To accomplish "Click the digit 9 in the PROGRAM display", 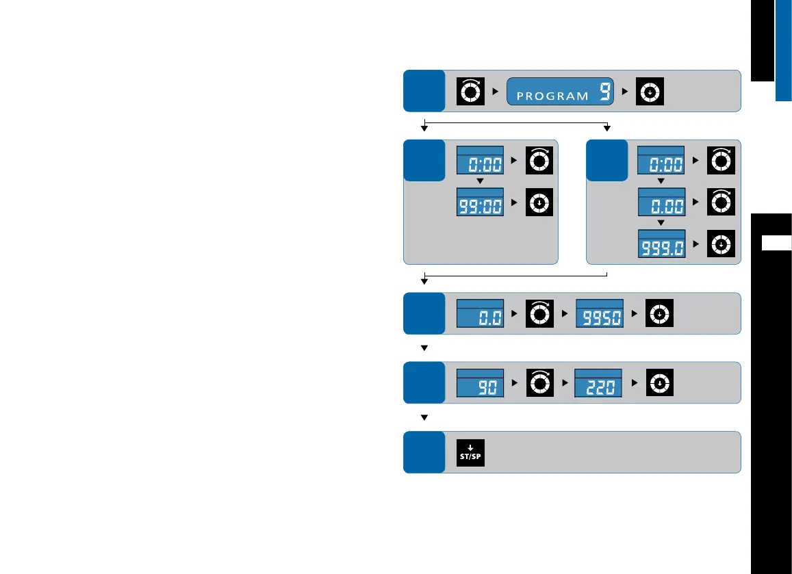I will (x=604, y=92).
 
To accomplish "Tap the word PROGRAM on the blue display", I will (x=552, y=96).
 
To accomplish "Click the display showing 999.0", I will (x=661, y=245).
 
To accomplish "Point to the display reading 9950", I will (x=599, y=315).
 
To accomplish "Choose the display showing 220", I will (x=598, y=384).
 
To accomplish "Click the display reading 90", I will (x=480, y=384).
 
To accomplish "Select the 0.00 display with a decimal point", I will (x=661, y=203).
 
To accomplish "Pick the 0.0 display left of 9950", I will (x=480, y=315).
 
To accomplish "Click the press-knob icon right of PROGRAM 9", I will (x=649, y=91).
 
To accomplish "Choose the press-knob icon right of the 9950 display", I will (x=659, y=314).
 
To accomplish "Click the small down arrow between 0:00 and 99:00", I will (x=480, y=181).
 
